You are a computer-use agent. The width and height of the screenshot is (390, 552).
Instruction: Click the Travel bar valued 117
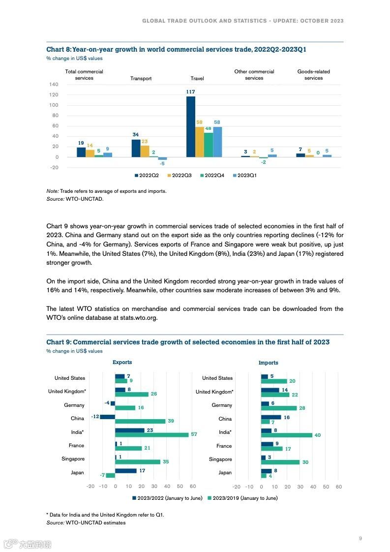pyautogui.click(x=191, y=126)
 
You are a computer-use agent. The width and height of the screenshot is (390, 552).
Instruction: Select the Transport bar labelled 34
pyautogui.click(x=136, y=148)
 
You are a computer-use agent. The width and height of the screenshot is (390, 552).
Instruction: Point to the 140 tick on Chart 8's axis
pyautogui.click(x=54, y=85)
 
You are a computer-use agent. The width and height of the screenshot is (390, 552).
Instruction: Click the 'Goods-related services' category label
pyautogui.click(x=313, y=75)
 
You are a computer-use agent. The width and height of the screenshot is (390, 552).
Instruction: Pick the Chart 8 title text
pyautogui.click(x=176, y=50)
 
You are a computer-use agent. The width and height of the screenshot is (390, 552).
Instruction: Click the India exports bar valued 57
pyautogui.click(x=152, y=434)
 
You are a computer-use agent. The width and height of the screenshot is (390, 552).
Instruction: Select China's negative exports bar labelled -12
pyautogui.click(x=108, y=417)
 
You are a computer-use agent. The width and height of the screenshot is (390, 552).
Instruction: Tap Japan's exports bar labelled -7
pyautogui.click(x=111, y=475)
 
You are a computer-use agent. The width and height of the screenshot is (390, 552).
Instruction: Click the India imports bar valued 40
pyautogui.click(x=287, y=435)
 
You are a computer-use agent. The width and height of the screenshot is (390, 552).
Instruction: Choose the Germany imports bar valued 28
pyautogui.click(x=279, y=408)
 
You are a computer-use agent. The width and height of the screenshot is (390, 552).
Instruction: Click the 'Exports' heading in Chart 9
pyautogui.click(x=122, y=363)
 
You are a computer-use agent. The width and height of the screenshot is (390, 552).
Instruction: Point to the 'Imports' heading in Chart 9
pyautogui.click(x=269, y=363)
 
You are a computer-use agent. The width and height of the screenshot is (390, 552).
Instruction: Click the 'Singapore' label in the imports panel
pyautogui.click(x=220, y=459)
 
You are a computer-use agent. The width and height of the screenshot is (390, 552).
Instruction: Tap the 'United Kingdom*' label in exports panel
pyautogui.click(x=67, y=392)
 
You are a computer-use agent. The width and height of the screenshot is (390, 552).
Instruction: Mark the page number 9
pyautogui.click(x=360, y=539)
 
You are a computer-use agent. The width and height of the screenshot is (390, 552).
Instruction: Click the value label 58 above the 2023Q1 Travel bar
pyautogui.click(x=217, y=122)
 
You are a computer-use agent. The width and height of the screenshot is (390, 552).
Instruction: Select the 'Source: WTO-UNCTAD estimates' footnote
pyautogui.click(x=86, y=522)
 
